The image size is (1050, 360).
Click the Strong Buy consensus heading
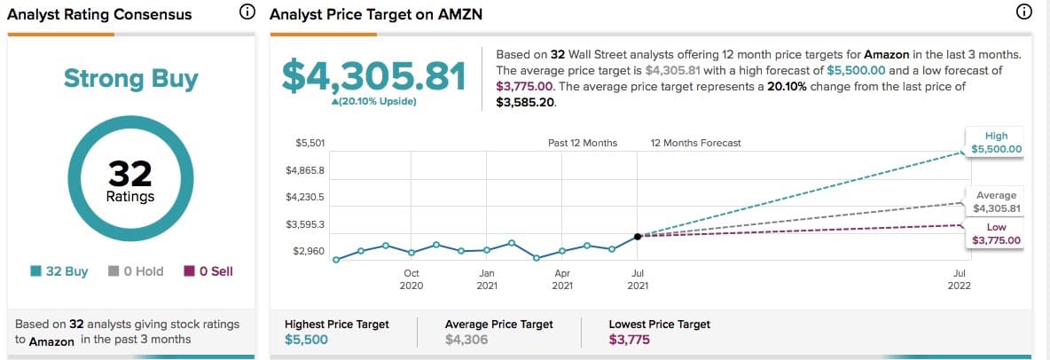pos(131,79)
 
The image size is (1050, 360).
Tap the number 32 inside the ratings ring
pos(131,174)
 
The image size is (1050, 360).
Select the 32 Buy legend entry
pos(59,271)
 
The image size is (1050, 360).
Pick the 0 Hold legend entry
pos(136,271)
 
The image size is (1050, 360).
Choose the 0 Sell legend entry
pos(208,271)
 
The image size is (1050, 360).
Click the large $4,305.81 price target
pos(373,77)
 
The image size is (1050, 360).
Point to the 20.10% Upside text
pos(373,103)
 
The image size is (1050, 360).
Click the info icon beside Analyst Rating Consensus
pos(247,12)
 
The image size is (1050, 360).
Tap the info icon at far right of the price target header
pos(1023,12)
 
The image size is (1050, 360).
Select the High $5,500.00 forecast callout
pos(996,143)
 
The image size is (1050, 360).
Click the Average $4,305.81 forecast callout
pos(996,202)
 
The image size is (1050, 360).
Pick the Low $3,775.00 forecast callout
pos(996,234)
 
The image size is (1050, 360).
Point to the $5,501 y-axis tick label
pos(310,143)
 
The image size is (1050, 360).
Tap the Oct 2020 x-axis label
pos(411,279)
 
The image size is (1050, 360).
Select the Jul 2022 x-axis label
pos(959,279)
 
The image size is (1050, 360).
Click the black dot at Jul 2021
pos(638,236)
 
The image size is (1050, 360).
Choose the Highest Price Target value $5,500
pos(305,340)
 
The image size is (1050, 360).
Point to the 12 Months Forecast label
pos(695,143)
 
